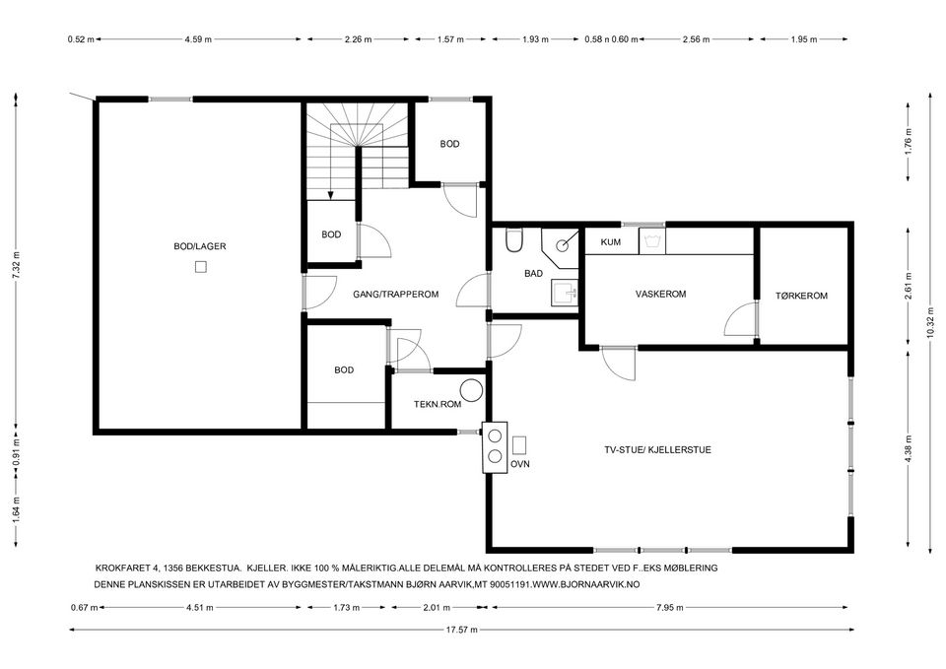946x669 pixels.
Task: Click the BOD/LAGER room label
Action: (x=200, y=246)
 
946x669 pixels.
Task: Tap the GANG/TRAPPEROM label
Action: (x=396, y=295)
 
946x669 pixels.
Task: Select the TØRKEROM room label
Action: (x=801, y=296)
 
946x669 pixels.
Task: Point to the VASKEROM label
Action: (x=660, y=294)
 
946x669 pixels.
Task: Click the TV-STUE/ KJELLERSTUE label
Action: (x=657, y=449)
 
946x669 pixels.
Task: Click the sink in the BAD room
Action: (x=564, y=294)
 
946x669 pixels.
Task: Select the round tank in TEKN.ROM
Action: (x=471, y=390)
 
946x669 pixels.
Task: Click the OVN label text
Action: (x=520, y=464)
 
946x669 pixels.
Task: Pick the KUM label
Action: (x=611, y=242)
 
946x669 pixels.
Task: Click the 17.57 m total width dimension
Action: (x=461, y=630)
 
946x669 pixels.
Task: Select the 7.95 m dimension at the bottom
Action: (x=670, y=608)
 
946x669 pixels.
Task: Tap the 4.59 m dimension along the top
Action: (x=198, y=39)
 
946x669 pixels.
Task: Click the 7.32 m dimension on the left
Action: (x=17, y=264)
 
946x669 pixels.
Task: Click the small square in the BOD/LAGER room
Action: (x=201, y=267)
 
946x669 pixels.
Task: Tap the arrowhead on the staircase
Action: (x=331, y=195)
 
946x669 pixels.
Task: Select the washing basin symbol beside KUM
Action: (x=652, y=242)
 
